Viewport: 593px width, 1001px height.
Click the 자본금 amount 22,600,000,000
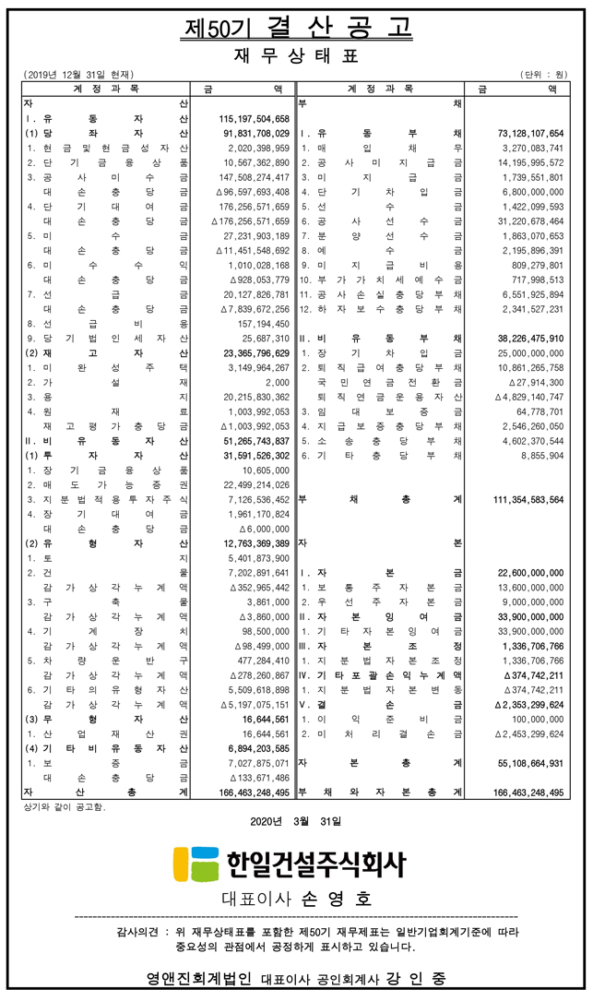[x=529, y=573]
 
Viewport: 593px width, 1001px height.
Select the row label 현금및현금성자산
[x=107, y=148]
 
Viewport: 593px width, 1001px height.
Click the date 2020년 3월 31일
[x=295, y=820]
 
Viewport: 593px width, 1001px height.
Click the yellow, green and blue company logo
[x=194, y=864]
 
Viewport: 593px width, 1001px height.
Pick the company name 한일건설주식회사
[x=314, y=864]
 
